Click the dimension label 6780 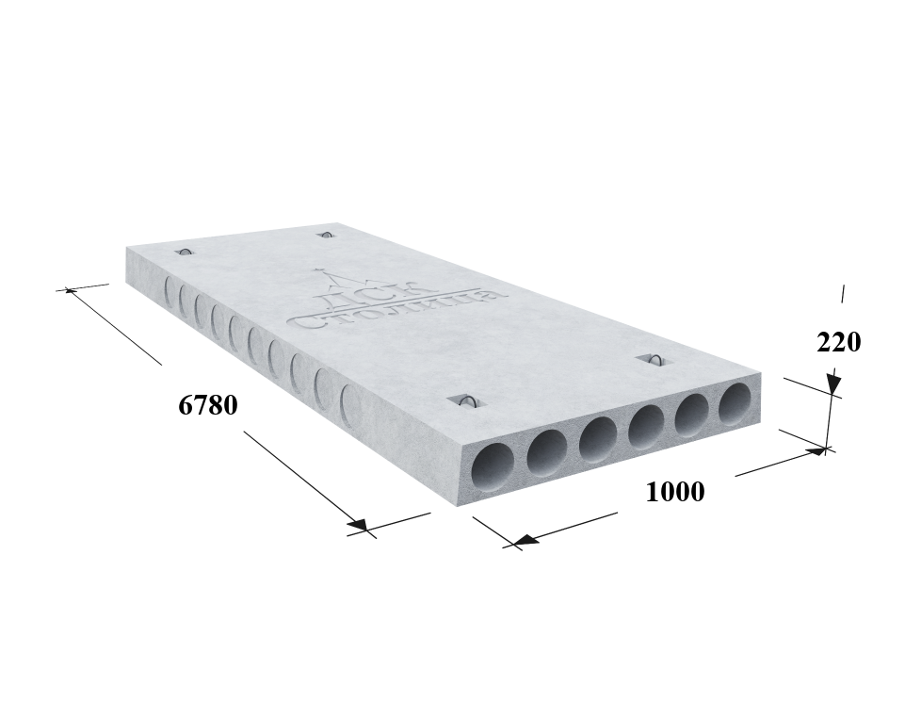click(208, 405)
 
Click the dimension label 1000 click(675, 491)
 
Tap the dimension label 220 click(839, 342)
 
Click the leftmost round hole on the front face click(494, 467)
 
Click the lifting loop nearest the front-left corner click(467, 401)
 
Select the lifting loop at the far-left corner click(185, 253)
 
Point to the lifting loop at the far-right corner click(325, 235)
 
